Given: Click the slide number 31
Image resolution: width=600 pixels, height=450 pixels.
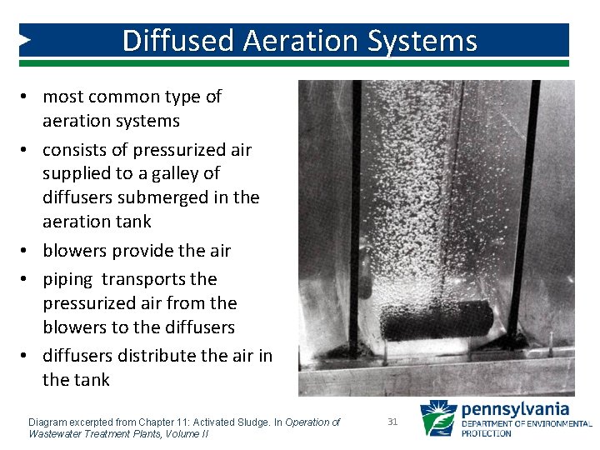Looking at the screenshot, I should (x=392, y=422).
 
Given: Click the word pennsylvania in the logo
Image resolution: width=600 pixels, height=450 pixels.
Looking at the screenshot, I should (x=515, y=409).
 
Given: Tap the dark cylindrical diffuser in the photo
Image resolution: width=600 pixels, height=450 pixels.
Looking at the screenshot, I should (x=437, y=319).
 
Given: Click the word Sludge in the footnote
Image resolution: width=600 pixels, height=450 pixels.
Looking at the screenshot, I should (x=252, y=422).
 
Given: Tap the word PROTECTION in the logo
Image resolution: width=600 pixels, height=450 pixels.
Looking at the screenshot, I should (x=487, y=433).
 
